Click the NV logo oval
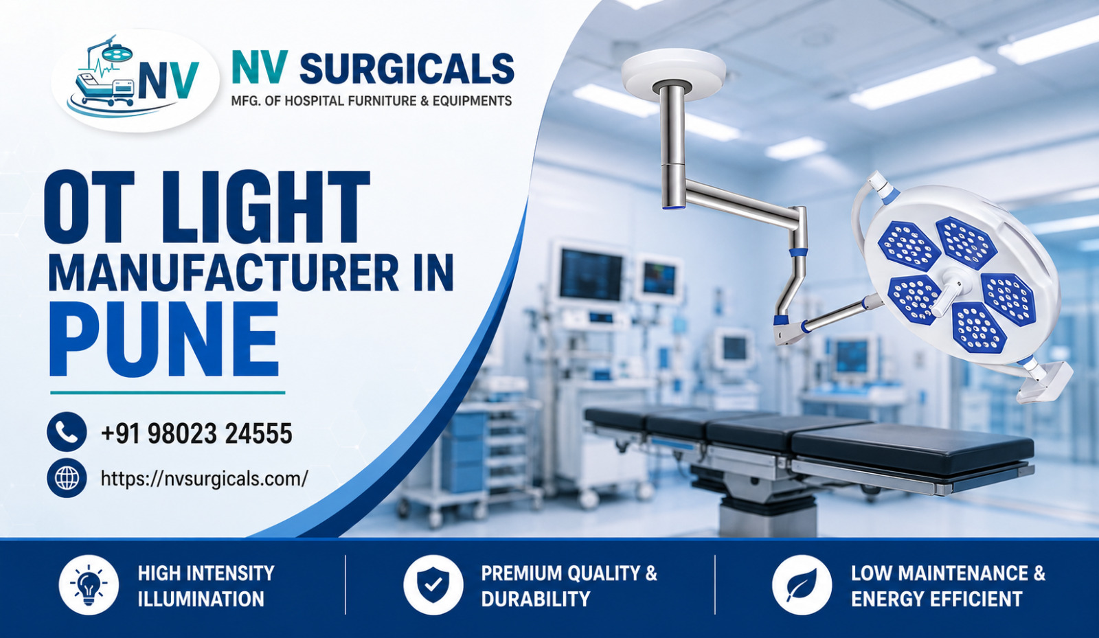(x=135, y=81)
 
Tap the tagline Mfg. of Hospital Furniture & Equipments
(x=372, y=101)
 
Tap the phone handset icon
(x=67, y=431)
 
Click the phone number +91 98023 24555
(x=196, y=433)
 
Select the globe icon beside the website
(x=67, y=478)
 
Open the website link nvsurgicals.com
(x=204, y=479)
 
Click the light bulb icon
(x=89, y=584)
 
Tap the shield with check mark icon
(x=433, y=584)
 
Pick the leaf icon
(x=802, y=584)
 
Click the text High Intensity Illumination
(x=206, y=586)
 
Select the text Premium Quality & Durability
(x=569, y=586)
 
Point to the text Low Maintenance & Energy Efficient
(x=948, y=586)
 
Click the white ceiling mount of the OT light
(x=674, y=69)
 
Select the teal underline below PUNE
(x=168, y=393)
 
